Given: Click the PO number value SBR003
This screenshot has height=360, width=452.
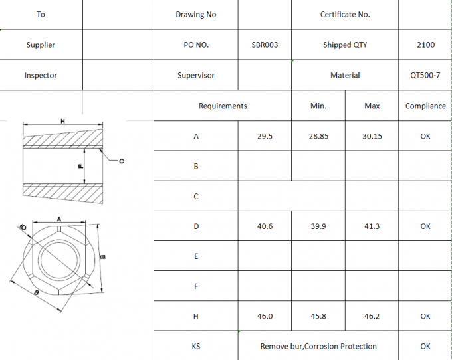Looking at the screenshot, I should (265, 45).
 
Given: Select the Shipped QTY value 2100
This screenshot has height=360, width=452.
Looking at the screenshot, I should (425, 45).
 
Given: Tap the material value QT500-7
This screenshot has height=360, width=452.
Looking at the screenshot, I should (425, 76).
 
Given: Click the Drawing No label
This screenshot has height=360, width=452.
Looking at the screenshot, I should (195, 15).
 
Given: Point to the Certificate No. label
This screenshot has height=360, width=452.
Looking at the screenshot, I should (345, 15).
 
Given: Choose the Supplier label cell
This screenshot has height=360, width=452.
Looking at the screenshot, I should (41, 45).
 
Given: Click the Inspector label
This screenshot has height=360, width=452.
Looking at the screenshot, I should (41, 76).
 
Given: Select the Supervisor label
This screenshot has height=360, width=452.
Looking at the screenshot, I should (195, 76).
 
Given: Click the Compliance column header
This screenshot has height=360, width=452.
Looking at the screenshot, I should (425, 106).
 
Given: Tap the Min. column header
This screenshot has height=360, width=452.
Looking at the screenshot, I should (318, 106).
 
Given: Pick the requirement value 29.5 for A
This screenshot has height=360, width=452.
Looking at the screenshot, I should (265, 136).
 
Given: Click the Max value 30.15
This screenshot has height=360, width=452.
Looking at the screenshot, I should (372, 136).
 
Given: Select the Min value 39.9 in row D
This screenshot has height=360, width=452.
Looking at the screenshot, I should (318, 226).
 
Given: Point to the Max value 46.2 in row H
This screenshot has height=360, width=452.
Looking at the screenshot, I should (372, 316).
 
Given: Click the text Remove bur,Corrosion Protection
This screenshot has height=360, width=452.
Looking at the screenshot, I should (318, 346).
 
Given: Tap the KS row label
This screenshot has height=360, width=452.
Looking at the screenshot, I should (195, 346).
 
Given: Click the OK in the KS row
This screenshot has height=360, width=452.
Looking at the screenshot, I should (425, 346).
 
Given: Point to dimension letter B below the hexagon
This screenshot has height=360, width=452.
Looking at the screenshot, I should (36, 292).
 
